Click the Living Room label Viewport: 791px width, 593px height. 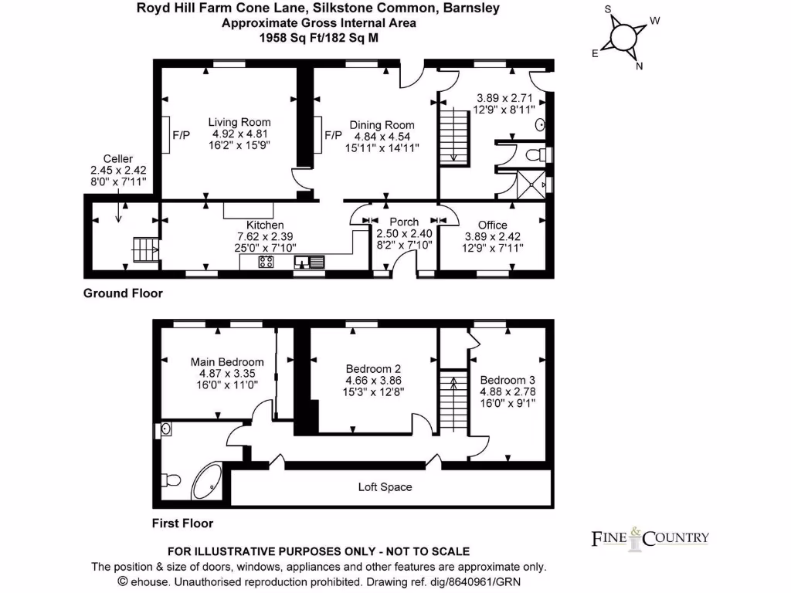pyautogui.click(x=239, y=122)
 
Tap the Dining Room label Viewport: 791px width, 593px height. pyautogui.click(x=382, y=125)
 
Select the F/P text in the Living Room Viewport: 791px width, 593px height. pyautogui.click(x=181, y=135)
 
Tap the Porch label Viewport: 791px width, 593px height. pyautogui.click(x=403, y=222)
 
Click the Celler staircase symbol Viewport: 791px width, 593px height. pyautogui.click(x=144, y=249)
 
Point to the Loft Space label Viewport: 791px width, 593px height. pyautogui.click(x=385, y=487)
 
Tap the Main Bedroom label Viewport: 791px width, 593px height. pyautogui.click(x=227, y=362)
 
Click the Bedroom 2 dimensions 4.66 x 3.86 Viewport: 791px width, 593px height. pyautogui.click(x=375, y=381)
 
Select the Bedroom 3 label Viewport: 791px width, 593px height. pyautogui.click(x=508, y=381)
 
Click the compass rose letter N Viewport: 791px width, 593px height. pyautogui.click(x=639, y=66)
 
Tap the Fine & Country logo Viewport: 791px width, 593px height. pyautogui.click(x=650, y=538)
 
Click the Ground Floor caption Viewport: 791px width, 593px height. pyautogui.click(x=123, y=293)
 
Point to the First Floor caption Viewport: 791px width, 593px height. pyautogui.click(x=182, y=524)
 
